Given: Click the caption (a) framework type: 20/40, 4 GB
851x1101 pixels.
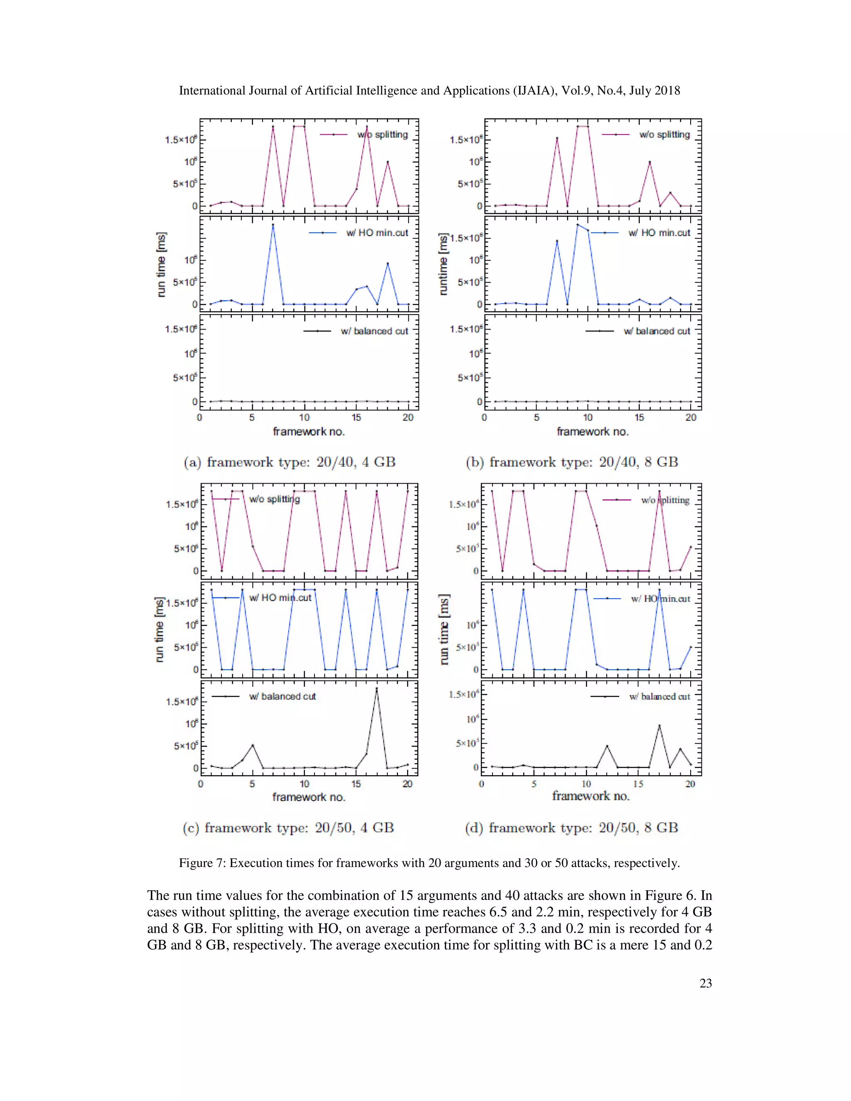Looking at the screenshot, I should [x=289, y=462].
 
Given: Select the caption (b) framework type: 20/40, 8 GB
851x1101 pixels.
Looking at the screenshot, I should [x=572, y=462].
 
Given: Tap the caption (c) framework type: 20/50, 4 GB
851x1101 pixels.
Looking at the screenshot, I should [x=288, y=828].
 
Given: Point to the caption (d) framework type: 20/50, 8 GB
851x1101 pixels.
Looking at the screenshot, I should [x=571, y=828].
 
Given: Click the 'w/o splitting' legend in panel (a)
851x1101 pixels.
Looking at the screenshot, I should [x=382, y=135].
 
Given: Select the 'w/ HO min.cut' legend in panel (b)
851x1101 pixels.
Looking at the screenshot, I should [x=659, y=233].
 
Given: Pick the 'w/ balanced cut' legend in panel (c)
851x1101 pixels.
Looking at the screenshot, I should [x=282, y=696].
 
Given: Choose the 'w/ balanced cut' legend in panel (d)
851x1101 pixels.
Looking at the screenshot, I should [x=659, y=697].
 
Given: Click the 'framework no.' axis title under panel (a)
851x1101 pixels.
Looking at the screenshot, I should [x=309, y=432].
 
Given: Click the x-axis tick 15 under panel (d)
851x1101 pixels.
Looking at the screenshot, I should [x=638, y=784].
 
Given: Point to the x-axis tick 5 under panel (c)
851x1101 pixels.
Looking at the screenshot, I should [x=252, y=784].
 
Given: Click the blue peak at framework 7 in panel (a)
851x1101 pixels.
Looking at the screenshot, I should [x=273, y=225].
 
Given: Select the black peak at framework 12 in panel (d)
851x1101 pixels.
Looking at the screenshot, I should [x=607, y=746].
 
